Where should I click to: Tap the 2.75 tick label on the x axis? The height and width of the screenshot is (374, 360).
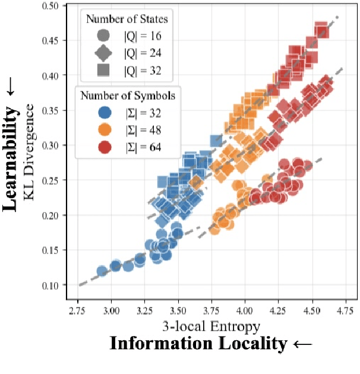[x=77, y=310]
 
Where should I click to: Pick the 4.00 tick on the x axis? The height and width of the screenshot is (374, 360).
[x=244, y=310]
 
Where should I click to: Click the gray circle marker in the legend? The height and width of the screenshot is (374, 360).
[x=103, y=36]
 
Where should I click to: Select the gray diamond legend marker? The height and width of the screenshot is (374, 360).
[x=103, y=53]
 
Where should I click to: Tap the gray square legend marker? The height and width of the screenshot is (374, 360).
[x=103, y=71]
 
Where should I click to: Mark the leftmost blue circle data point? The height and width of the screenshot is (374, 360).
[x=102, y=271]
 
